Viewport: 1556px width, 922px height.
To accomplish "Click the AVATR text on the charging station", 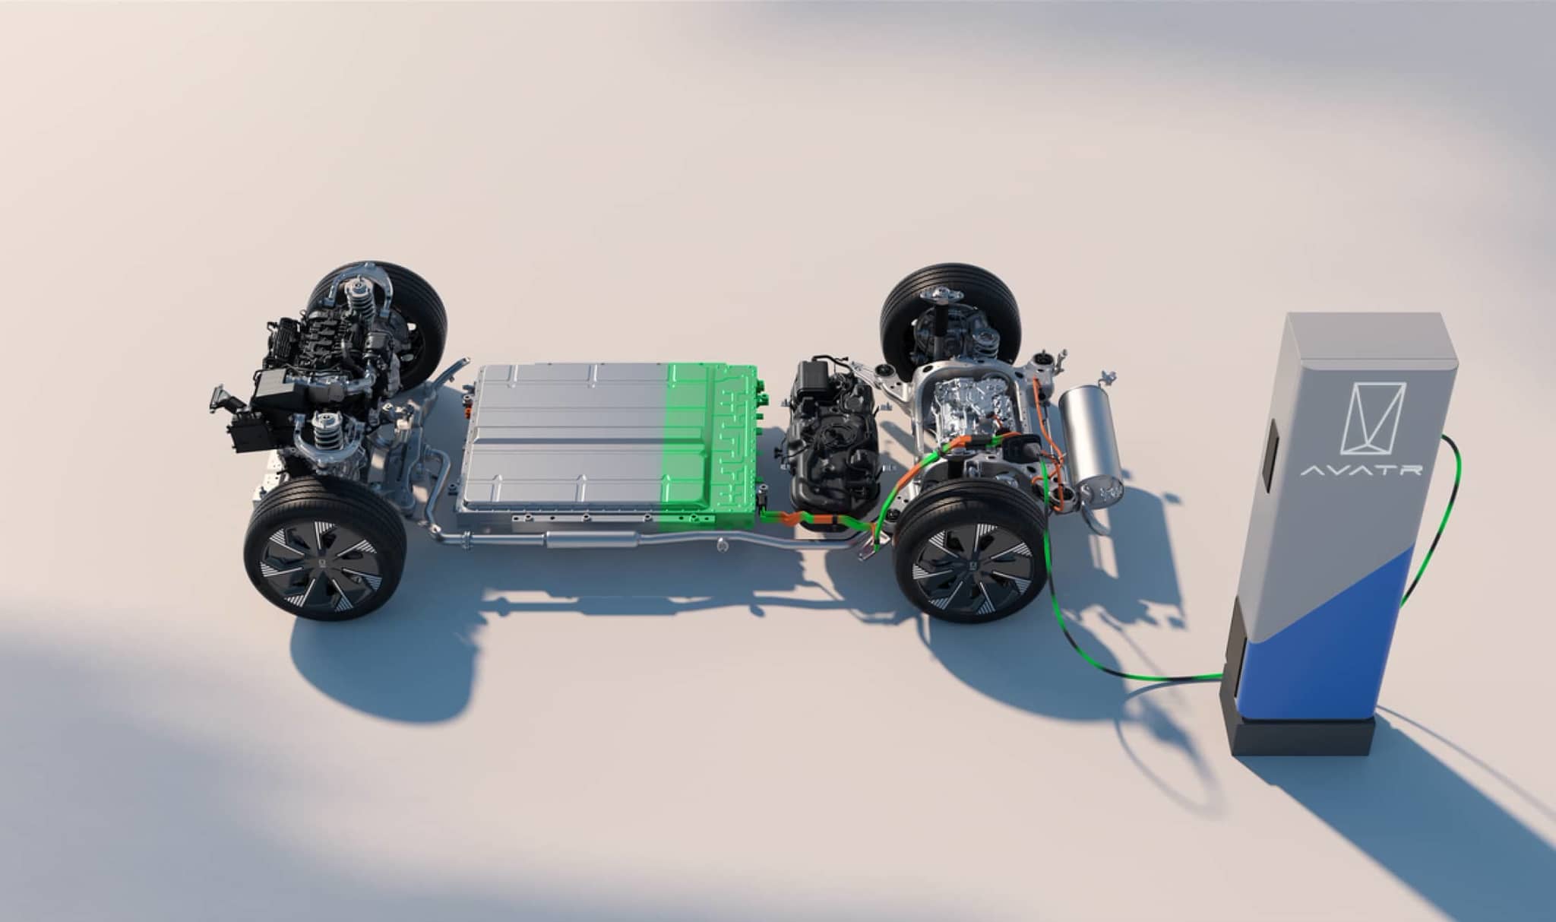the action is (x=1361, y=470).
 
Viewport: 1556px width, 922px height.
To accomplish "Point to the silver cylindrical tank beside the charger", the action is (x=1091, y=441).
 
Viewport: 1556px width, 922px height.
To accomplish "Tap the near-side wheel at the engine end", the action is (x=325, y=547).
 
